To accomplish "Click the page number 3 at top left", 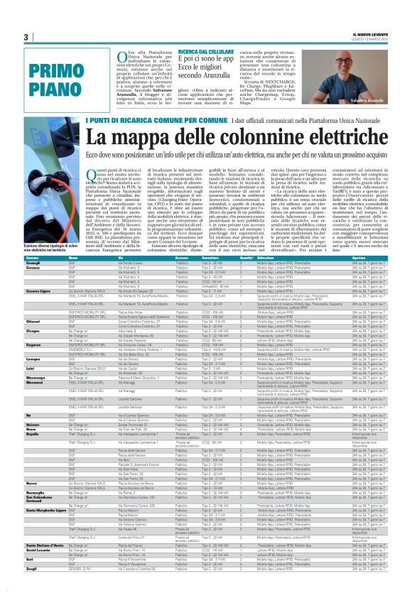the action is pos(25,37).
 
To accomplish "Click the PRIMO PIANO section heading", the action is pos(50,79).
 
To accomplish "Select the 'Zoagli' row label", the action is pos(32,589).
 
